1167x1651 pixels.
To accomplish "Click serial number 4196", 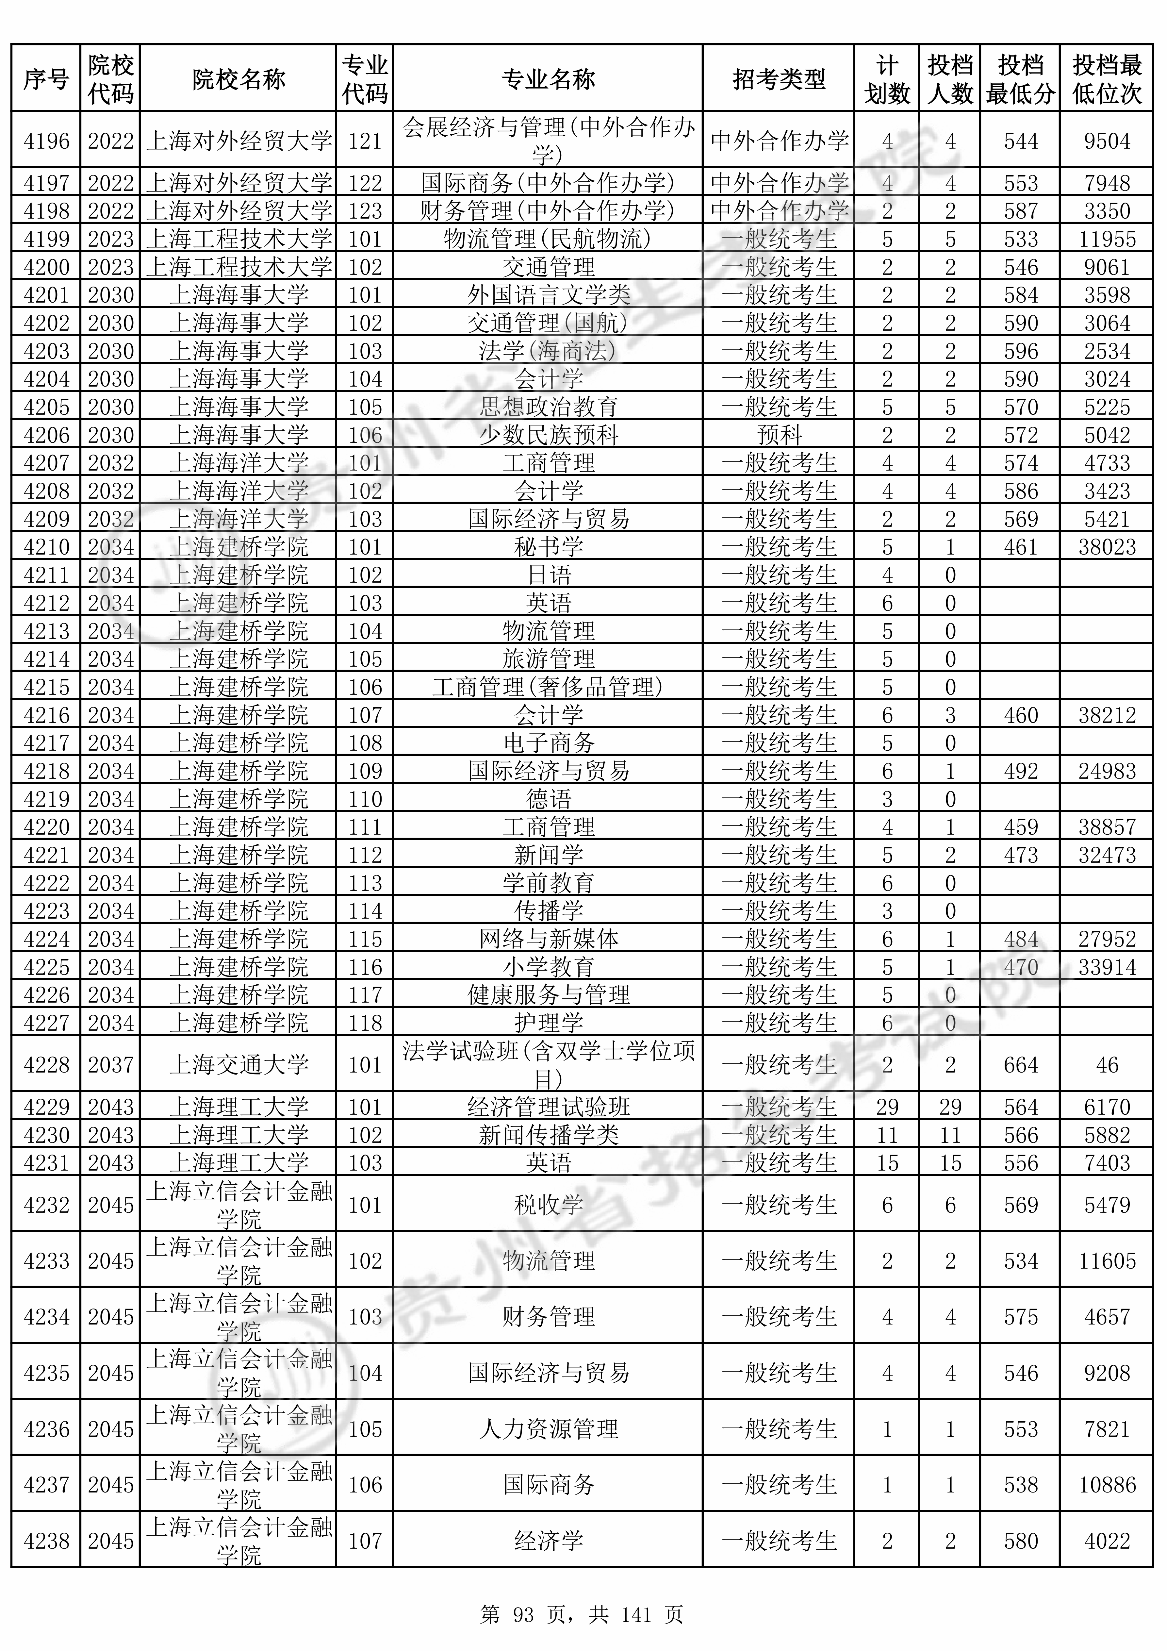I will coord(46,141).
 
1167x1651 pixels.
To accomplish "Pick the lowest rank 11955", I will coord(1107,239).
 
